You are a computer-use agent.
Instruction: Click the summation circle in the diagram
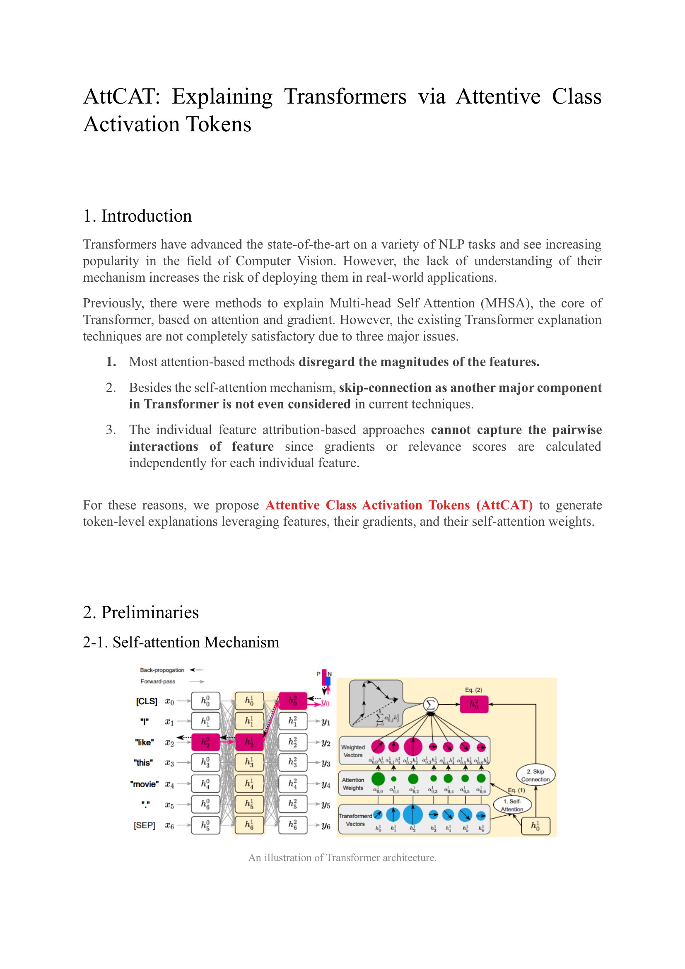[430, 704]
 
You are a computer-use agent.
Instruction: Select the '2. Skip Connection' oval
[535, 775]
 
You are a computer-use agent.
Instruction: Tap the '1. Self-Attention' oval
[512, 805]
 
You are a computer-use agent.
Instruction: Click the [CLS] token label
[146, 701]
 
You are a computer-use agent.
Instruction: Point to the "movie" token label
[144, 784]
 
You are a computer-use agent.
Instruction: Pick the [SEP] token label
[144, 826]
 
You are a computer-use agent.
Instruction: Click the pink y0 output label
[325, 703]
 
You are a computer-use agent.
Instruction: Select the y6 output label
[326, 826]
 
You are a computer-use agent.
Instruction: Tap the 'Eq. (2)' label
[473, 690]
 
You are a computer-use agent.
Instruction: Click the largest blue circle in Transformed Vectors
[413, 814]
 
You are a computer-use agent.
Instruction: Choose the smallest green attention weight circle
[393, 779]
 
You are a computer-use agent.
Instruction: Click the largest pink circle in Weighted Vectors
[413, 747]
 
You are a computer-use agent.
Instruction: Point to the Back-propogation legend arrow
[197, 670]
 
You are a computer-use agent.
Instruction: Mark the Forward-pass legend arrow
[197, 681]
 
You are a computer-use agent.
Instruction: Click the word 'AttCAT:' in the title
[121, 96]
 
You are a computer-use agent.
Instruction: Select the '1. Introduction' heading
[137, 216]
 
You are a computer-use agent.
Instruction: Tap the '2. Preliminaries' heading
[141, 612]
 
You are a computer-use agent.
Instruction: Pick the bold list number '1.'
[111, 362]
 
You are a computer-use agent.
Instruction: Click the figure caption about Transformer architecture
[342, 858]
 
